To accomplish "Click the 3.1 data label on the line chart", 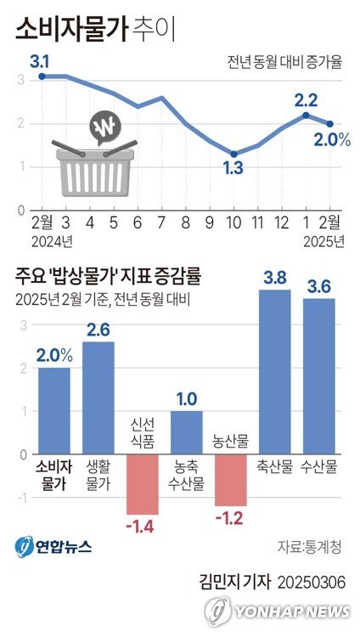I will coord(40,61).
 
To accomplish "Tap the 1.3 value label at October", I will coord(233,169).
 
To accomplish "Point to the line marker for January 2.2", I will coord(306,115).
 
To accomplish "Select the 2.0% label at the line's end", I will coord(332,139).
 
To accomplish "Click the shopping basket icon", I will coord(94,171).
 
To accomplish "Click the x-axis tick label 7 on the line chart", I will coord(161,223).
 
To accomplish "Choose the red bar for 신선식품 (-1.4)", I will coord(143,484).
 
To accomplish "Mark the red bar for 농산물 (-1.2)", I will coord(231,480).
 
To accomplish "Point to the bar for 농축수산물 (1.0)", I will coord(187,432).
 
